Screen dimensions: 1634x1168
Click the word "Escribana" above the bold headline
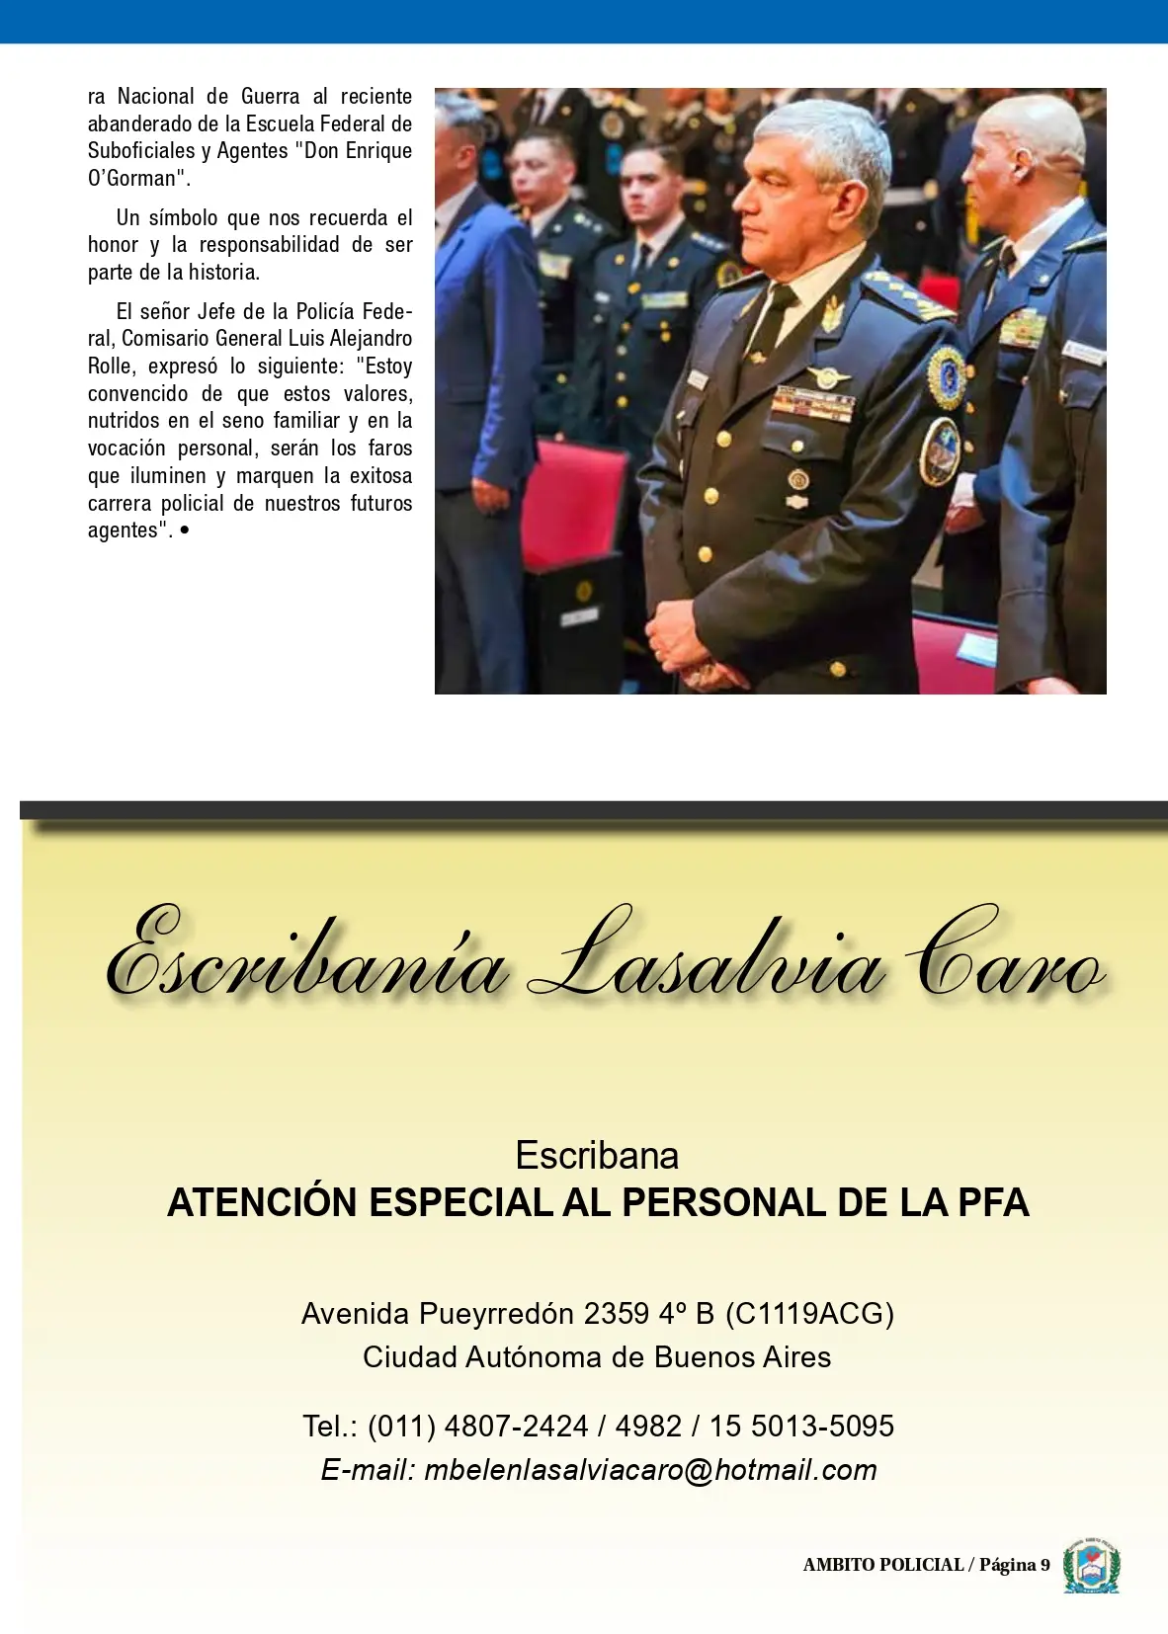(597, 1155)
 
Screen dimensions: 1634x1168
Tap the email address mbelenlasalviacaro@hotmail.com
(650, 1470)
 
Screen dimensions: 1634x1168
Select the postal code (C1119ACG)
(809, 1313)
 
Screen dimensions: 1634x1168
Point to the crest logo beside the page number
(1091, 1565)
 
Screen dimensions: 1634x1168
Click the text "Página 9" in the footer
(1014, 1565)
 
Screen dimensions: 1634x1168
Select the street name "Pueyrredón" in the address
(496, 1313)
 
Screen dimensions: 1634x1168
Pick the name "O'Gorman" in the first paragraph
(136, 179)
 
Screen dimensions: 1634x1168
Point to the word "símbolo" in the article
(184, 217)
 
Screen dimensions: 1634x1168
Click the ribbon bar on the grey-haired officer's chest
(812, 402)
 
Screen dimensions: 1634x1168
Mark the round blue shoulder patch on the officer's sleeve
(947, 376)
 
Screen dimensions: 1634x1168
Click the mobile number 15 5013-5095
(801, 1426)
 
